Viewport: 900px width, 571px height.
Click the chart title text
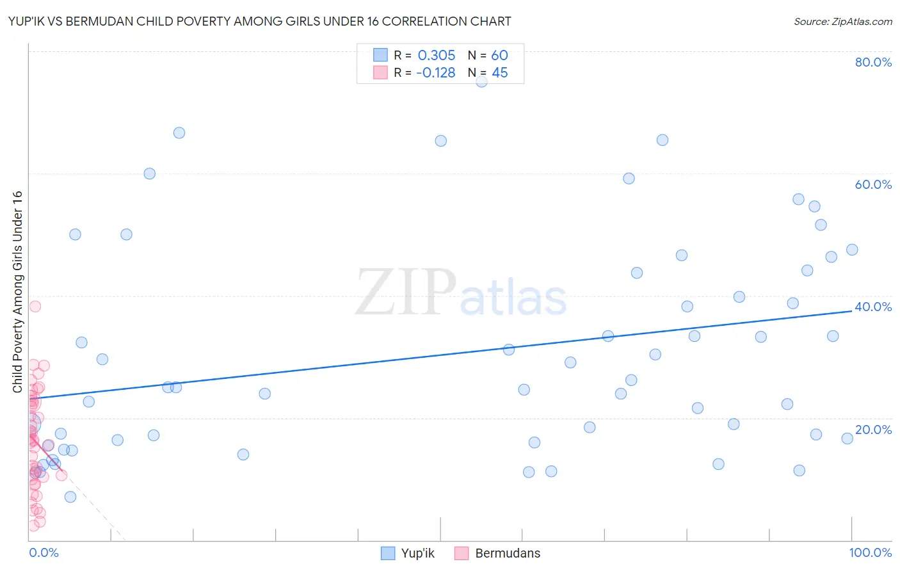259,21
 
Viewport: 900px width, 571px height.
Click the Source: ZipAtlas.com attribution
842,21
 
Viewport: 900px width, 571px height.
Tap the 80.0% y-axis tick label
873,62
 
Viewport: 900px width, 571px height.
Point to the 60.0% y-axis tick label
873,184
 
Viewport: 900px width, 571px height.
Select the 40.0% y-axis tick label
873,307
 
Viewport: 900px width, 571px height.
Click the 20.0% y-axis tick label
873,430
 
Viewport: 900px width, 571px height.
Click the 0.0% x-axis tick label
44,552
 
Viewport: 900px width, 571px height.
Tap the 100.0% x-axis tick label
870,552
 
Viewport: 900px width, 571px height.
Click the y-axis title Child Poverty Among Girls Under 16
17,292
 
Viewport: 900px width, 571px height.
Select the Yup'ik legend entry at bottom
417,553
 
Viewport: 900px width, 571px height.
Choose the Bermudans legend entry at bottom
507,553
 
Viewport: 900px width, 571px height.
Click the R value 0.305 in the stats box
437,55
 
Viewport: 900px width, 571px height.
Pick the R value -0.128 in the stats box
435,72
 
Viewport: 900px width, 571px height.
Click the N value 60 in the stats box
499,55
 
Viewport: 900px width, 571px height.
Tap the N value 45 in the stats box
499,72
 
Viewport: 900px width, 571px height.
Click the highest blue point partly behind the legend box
481,81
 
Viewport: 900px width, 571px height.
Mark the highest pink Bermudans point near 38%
35,307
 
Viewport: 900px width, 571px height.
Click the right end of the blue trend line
851,310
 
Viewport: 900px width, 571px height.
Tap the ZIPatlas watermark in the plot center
461,293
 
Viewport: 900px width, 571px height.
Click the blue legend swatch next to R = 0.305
380,55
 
